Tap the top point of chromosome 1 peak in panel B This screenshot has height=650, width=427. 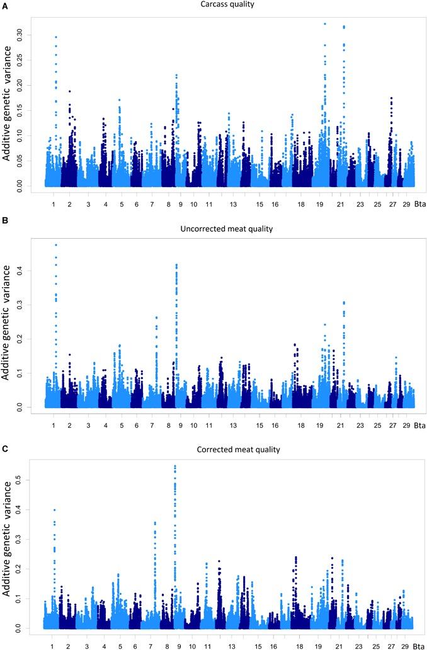(55, 244)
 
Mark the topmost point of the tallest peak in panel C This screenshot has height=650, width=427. (174, 466)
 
